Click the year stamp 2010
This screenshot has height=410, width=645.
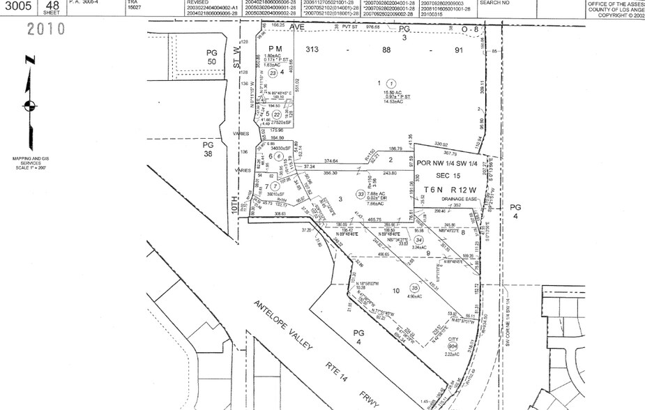tap(46, 29)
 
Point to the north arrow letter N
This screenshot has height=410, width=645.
tap(28, 61)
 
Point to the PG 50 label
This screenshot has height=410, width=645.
tap(212, 58)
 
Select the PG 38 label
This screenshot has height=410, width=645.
tap(208, 149)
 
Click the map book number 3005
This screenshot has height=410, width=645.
tap(19, 7)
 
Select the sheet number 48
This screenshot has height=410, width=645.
tap(52, 4)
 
